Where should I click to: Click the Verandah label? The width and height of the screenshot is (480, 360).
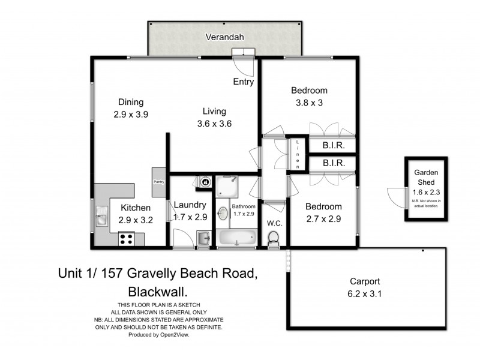(x=224, y=37)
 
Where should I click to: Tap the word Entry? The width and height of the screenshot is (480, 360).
(x=244, y=82)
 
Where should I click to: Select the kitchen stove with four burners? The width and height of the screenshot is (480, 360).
(x=127, y=239)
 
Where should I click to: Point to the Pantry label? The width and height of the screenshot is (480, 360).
(x=159, y=182)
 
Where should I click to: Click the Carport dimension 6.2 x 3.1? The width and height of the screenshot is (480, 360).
(x=366, y=294)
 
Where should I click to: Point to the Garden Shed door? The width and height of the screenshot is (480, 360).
(x=396, y=196)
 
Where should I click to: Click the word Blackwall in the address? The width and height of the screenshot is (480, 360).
(x=157, y=292)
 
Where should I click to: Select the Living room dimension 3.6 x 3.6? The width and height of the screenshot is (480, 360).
(x=214, y=124)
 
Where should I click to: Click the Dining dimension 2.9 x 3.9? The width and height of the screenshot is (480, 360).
(x=131, y=114)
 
